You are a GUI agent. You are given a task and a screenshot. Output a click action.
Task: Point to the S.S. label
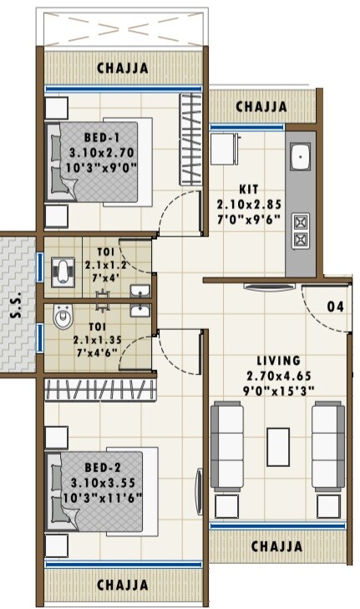click(16, 307)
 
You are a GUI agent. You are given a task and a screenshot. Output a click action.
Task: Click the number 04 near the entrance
click(335, 307)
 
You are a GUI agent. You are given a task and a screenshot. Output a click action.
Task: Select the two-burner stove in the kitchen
click(300, 231)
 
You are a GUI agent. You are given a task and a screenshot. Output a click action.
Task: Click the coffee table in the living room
click(278, 447)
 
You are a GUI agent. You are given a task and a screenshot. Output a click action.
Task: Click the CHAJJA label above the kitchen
click(261, 107)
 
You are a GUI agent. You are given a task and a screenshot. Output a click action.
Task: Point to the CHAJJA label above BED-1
click(123, 67)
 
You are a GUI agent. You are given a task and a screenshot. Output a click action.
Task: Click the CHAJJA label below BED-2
click(123, 585)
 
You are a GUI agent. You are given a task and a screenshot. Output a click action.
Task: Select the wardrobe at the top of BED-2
click(100, 389)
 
